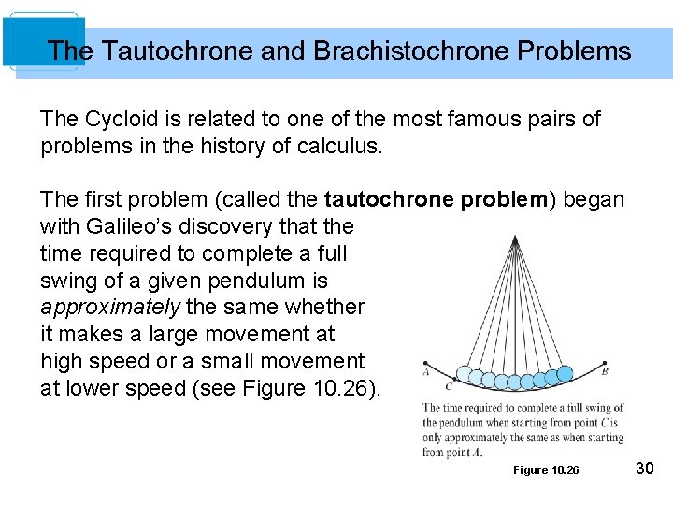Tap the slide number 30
coord(645,468)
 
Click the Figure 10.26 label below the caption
coord(546,469)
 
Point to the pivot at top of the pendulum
coord(514,241)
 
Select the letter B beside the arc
coord(605,371)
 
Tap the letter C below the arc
coord(449,384)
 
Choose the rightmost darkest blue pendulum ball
coord(565,373)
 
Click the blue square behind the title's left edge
coord(43,42)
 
